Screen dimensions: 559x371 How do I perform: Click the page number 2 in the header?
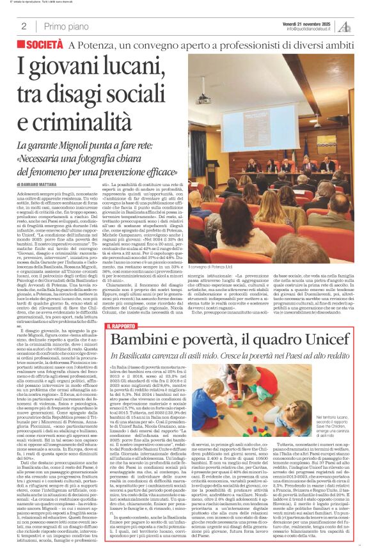[24, 26]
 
